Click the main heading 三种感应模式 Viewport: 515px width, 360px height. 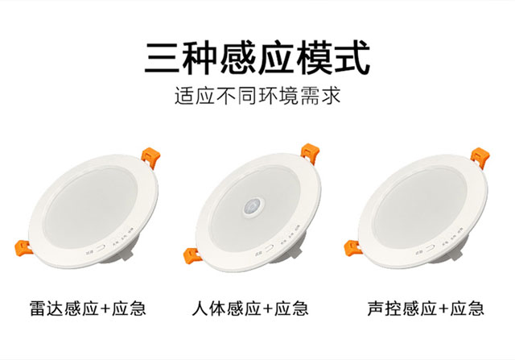(257, 58)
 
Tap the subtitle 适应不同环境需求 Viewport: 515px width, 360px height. (257, 98)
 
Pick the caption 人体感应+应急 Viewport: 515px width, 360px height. (251, 308)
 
